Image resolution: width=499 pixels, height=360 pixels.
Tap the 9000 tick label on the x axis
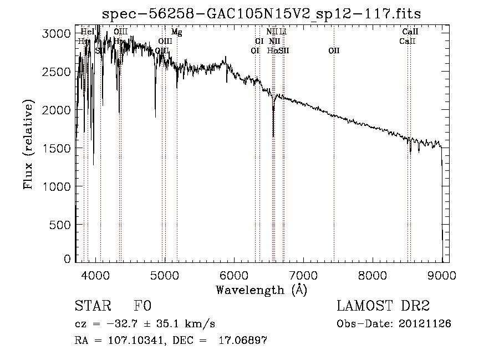(x=442, y=275)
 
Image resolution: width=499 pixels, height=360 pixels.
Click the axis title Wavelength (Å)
(x=261, y=289)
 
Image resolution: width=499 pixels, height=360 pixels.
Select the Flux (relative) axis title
(x=28, y=144)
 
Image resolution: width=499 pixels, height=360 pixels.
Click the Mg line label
(x=176, y=32)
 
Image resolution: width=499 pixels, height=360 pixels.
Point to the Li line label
(x=283, y=32)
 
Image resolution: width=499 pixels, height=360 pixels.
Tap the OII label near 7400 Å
(x=334, y=50)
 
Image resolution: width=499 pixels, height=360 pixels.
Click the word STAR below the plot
(x=92, y=306)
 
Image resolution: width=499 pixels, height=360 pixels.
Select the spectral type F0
(x=142, y=306)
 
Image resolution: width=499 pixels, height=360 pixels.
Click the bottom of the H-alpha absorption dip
(x=273, y=136)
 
